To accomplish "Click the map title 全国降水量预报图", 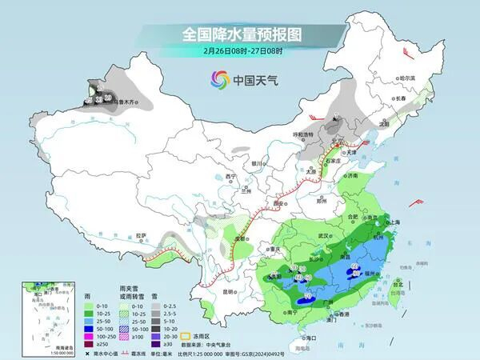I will (x=240, y=34).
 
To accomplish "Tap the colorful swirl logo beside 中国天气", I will (x=219, y=79).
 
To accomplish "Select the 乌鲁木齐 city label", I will (x=128, y=102).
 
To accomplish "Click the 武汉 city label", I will (x=324, y=236).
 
